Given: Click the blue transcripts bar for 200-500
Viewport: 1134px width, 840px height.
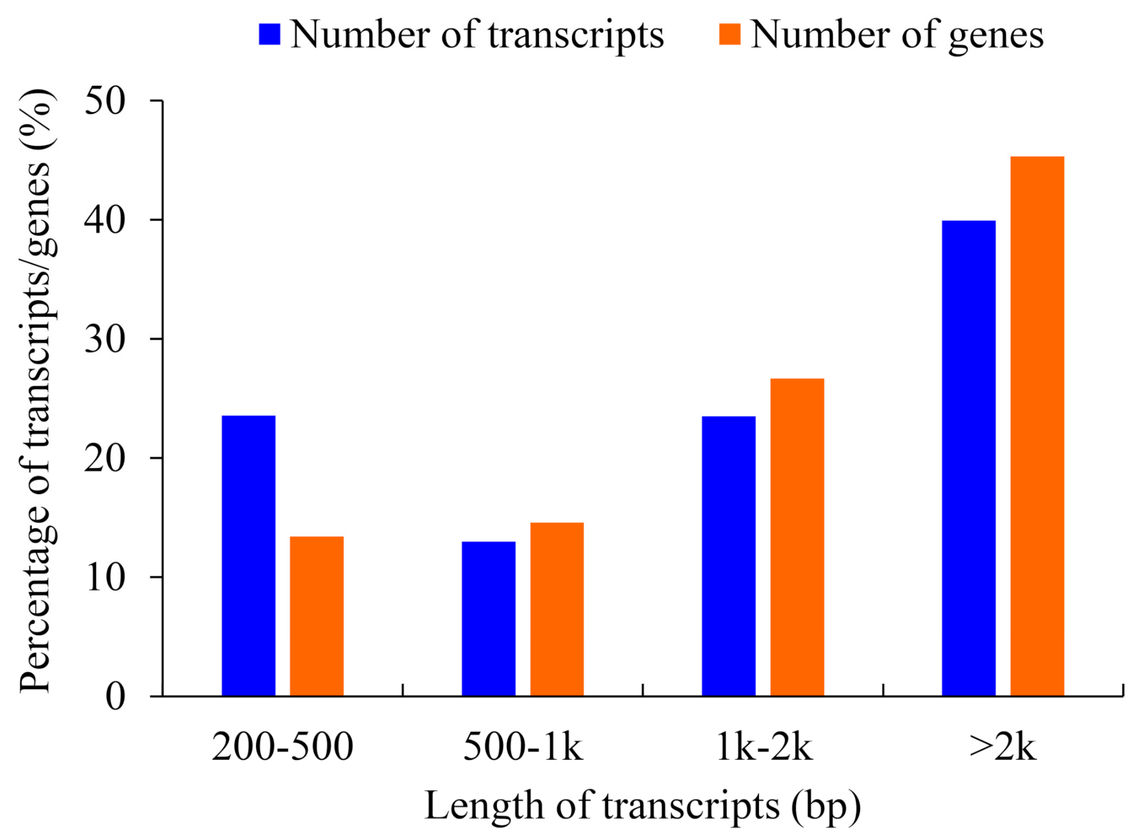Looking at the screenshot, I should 248,555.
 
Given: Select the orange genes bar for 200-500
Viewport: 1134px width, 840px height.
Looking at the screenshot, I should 317,616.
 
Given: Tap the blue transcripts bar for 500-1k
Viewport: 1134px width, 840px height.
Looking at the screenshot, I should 488,618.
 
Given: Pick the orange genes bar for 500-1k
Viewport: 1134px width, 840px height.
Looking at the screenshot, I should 557,609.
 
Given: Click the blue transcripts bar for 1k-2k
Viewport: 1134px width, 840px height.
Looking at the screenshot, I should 728,555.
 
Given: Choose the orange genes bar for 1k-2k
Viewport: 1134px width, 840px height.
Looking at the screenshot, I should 797,537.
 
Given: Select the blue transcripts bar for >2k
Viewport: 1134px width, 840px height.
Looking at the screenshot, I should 968,458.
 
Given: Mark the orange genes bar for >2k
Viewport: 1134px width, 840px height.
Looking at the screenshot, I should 1037,426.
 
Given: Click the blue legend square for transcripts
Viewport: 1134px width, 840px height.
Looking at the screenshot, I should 269,34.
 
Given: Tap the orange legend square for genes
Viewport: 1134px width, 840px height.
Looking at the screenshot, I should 729,34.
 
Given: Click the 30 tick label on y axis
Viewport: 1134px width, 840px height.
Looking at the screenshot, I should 105,339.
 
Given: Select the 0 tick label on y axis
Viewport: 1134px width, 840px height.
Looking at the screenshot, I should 115,697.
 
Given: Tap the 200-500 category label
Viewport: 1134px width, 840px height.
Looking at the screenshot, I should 282,748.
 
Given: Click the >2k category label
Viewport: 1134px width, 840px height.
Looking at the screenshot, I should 1002,748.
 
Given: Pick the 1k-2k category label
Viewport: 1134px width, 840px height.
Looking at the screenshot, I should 764,748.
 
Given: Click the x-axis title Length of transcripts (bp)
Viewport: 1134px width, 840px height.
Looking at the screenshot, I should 642,805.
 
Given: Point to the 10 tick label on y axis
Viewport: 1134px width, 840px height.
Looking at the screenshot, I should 105,577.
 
